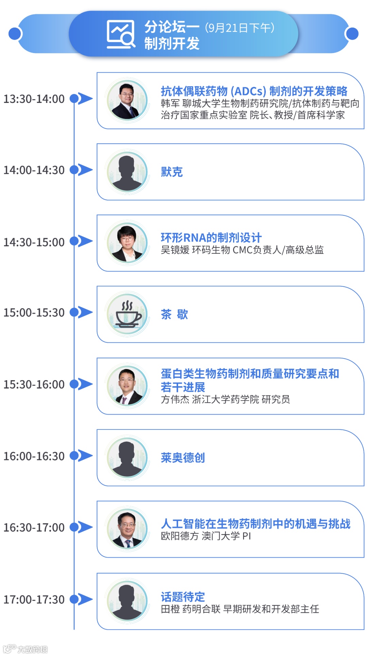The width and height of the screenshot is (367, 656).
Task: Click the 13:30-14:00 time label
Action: (x=34, y=99)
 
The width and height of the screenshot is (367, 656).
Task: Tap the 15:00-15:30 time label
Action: (x=34, y=313)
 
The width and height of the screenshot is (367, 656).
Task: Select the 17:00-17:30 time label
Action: (x=34, y=600)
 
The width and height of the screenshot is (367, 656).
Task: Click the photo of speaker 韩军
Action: (x=127, y=101)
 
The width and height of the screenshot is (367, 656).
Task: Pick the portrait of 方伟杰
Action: (x=127, y=386)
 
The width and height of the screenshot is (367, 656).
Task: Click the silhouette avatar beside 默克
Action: (x=127, y=172)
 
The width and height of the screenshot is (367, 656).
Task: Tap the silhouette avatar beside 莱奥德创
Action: (x=127, y=458)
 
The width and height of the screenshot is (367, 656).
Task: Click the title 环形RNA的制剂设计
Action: (x=211, y=237)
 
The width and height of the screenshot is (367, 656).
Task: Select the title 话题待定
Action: (x=183, y=597)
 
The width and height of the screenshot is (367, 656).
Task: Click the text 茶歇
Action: (x=174, y=314)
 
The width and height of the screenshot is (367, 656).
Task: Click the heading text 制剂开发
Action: (x=172, y=43)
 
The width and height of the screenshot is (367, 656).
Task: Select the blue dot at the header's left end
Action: (x=15, y=34)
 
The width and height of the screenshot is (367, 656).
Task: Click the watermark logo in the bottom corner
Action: (x=25, y=649)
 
